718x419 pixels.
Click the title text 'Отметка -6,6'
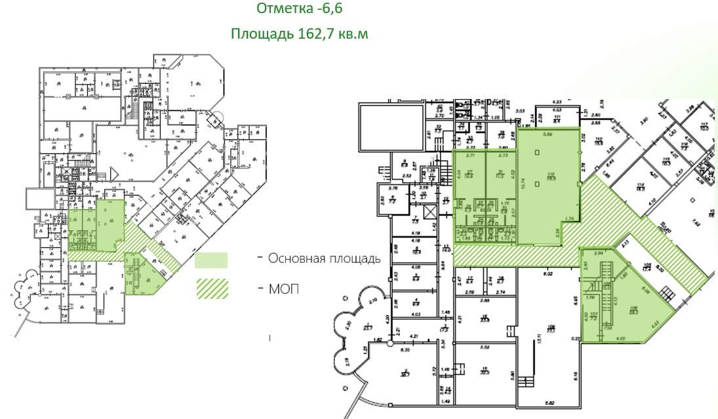299,9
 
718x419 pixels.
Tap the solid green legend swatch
211,260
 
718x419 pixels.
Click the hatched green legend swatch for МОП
211,289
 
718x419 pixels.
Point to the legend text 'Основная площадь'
324,258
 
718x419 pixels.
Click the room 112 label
599,141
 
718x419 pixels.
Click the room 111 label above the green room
557,119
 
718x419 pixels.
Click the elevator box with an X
430,212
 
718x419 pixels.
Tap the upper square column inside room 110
538,153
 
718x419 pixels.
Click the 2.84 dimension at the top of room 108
598,252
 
